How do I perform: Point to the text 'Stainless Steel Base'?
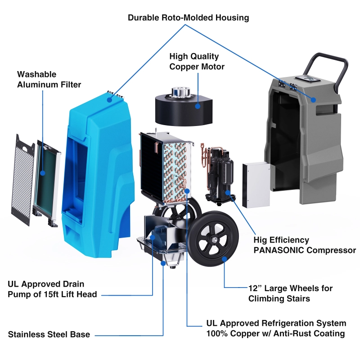tap(49, 334)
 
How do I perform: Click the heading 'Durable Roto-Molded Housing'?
tap(188, 18)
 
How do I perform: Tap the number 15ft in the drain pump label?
tap(63, 295)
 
